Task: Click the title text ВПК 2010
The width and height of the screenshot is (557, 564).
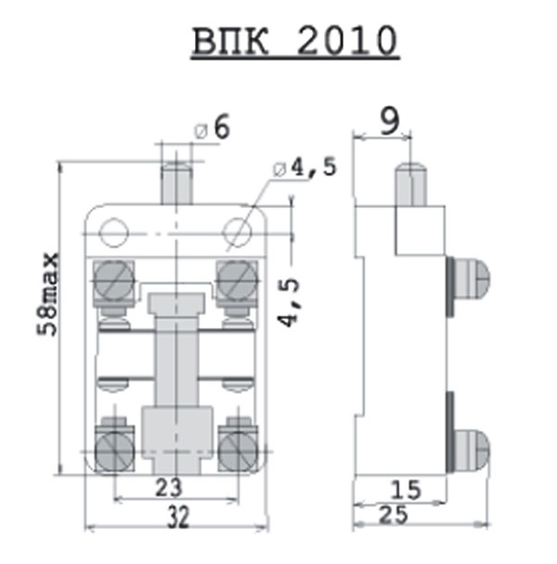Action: (x=295, y=41)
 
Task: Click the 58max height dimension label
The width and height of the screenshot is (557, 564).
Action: (x=47, y=295)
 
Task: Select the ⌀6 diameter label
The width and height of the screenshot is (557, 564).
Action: (x=212, y=128)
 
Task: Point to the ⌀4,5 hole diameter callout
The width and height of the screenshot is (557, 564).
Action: (x=305, y=167)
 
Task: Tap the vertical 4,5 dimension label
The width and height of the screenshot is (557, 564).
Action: (x=289, y=302)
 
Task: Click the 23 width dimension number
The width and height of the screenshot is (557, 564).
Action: (x=169, y=488)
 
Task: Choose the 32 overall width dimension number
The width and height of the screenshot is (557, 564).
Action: (x=178, y=517)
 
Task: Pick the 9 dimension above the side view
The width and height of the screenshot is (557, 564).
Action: (x=390, y=121)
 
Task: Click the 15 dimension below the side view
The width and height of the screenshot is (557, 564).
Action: (x=406, y=490)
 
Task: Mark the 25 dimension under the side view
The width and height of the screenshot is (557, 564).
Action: (x=394, y=515)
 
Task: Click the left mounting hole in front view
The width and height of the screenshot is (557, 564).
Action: (x=114, y=232)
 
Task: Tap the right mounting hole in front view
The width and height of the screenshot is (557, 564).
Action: (x=237, y=232)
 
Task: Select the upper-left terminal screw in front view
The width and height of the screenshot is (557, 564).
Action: (x=114, y=281)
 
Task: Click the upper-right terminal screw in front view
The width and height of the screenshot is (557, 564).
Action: (x=237, y=281)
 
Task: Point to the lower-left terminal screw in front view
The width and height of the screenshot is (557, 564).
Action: (x=114, y=451)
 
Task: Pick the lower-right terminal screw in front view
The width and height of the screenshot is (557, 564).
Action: (x=238, y=451)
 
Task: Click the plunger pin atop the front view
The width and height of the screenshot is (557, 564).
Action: (x=176, y=183)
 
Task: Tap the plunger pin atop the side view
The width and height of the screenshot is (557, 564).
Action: (x=411, y=185)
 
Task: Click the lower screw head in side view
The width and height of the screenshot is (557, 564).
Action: (x=471, y=451)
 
